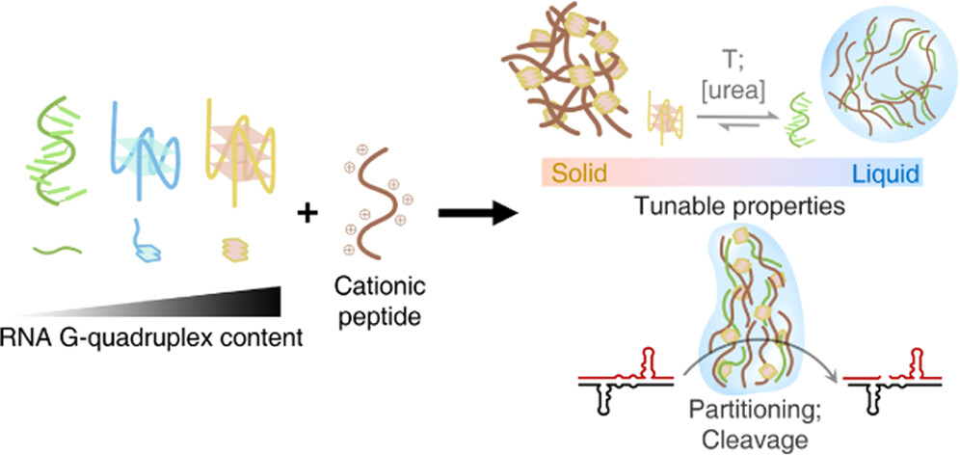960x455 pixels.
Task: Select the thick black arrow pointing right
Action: pyautogui.click(x=473, y=213)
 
